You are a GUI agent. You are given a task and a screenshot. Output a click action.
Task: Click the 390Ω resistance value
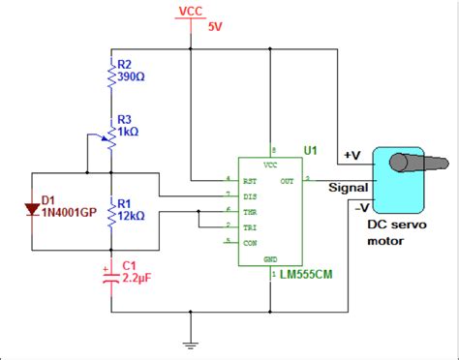tap(131, 76)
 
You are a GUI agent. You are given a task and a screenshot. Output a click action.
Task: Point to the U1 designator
tap(310, 151)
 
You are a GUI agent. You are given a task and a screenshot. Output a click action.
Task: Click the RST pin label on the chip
tap(248, 180)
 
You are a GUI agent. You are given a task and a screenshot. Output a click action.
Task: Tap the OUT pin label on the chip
tap(288, 180)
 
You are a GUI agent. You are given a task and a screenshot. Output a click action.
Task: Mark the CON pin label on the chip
tap(248, 242)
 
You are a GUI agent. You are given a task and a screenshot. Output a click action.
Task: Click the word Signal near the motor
tap(347, 188)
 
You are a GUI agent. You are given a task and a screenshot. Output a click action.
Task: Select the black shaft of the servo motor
tap(435, 156)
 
